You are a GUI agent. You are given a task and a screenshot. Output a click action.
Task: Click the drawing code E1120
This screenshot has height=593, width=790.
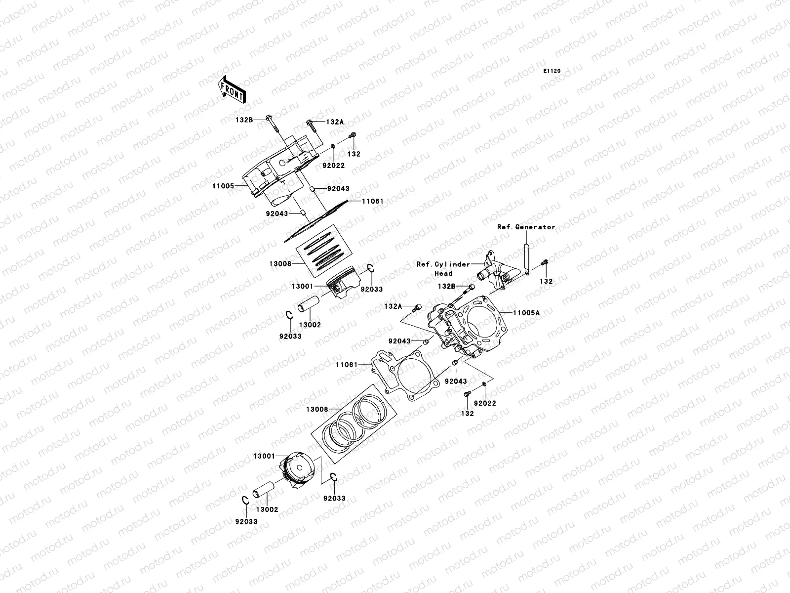[552, 71]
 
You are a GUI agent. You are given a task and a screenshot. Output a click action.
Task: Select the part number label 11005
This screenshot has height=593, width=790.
[223, 186]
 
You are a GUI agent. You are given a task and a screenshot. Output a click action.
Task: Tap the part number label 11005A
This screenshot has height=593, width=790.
[526, 313]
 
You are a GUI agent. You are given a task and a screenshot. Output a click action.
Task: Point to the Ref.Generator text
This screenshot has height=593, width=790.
[526, 227]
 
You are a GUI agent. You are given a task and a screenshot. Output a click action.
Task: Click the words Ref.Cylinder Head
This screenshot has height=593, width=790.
[443, 268]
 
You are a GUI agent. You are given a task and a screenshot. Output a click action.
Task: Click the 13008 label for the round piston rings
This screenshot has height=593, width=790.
[317, 409]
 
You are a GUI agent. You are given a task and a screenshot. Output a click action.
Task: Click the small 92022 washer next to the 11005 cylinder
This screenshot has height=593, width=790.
[334, 146]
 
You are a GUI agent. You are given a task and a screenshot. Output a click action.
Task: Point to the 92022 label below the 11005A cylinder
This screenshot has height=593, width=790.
[485, 403]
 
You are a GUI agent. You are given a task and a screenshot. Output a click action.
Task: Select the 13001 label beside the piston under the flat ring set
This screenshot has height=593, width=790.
[302, 286]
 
